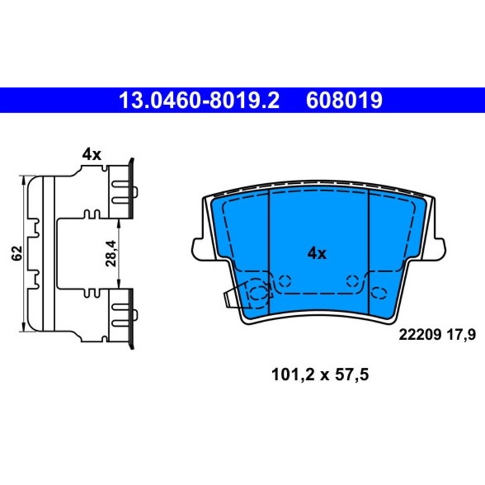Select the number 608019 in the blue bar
click(344, 101)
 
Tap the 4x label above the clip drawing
click(91, 154)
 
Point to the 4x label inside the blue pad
click(317, 254)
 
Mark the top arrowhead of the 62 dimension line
click(25, 179)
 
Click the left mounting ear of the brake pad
click(199, 249)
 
